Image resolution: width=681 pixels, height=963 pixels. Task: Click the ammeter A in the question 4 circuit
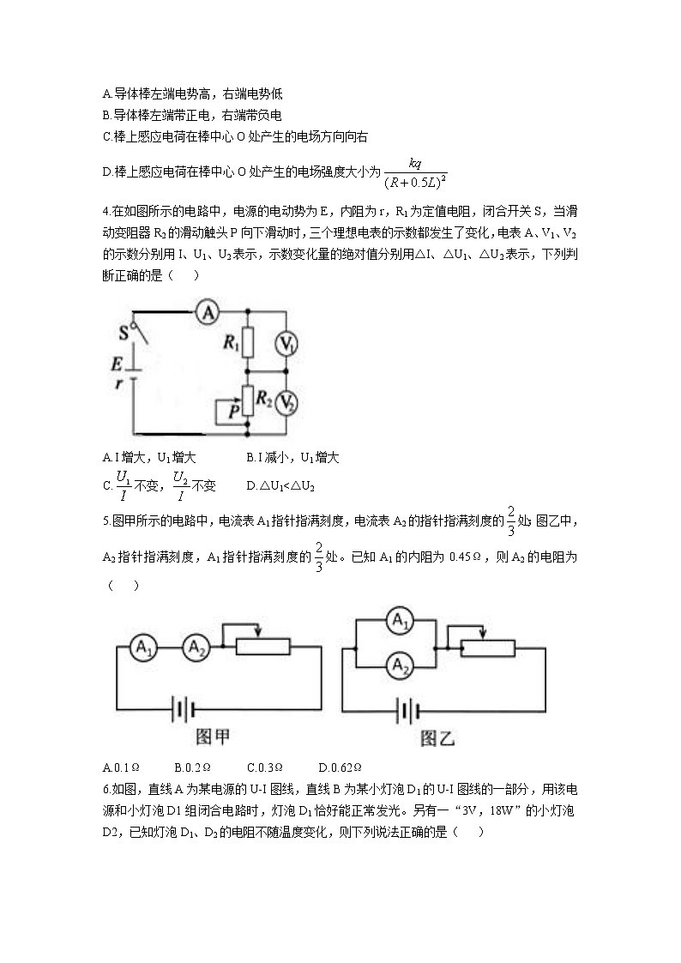206,315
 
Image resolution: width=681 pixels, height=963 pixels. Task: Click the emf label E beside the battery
117,364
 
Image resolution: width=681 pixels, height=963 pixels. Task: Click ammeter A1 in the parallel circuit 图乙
398,622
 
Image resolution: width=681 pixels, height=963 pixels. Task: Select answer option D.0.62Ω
340,767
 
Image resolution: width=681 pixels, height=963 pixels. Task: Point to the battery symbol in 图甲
182,709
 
